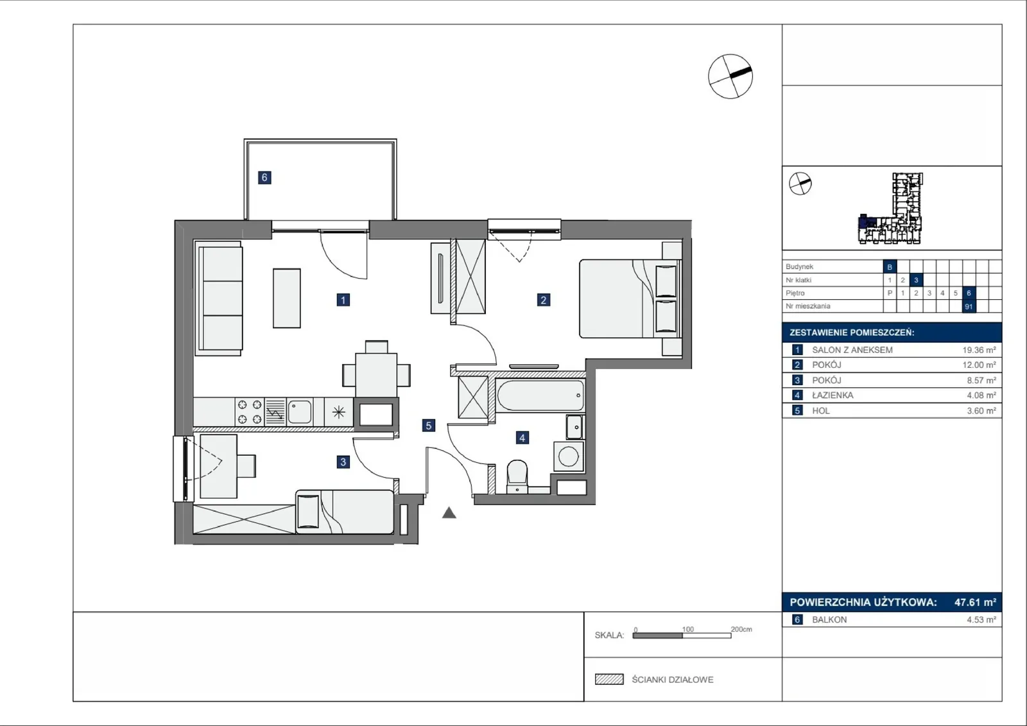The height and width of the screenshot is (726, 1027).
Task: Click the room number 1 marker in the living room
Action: pos(343,300)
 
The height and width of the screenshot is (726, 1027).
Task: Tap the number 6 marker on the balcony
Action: pos(264,177)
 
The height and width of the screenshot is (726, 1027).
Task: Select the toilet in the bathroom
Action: pos(517,476)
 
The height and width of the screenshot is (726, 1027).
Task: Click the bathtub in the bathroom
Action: pos(540,395)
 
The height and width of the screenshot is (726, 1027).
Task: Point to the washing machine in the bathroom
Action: pos(569,456)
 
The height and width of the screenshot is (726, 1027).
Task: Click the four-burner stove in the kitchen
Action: pos(250,411)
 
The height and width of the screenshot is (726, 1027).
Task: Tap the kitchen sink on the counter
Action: pos(300,411)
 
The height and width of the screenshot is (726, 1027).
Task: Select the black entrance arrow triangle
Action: pos(449,513)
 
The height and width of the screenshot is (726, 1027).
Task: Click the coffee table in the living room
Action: pos(287,298)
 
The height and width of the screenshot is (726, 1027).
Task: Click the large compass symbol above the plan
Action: pos(730,76)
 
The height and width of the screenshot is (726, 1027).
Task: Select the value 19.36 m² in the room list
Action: pos(979,350)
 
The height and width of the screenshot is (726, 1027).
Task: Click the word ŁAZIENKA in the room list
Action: pos(833,395)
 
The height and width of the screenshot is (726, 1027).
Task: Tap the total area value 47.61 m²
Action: pos(975,601)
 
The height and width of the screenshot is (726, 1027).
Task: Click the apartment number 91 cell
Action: pos(969,306)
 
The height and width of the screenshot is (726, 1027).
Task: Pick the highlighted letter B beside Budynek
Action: pos(890,266)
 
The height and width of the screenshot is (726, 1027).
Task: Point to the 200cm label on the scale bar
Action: pos(741,629)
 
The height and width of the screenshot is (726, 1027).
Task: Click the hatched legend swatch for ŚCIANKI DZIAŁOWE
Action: pos(609,679)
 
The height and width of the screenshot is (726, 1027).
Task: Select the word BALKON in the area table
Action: pos(829,619)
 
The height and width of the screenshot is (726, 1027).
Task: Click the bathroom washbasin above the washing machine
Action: pos(574,427)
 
